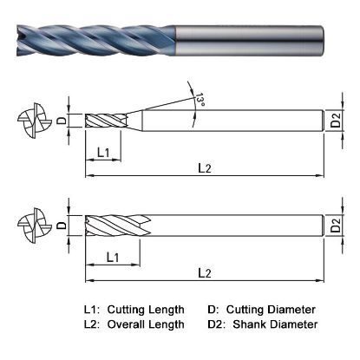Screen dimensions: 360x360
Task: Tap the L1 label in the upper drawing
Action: pos(103,153)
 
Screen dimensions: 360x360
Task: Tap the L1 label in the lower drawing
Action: pos(113,258)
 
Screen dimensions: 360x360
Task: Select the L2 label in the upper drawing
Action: pos(203,167)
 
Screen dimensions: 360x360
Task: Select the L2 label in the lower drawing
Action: pos(203,272)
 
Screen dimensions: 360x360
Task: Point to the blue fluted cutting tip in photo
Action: pos(87,40)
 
